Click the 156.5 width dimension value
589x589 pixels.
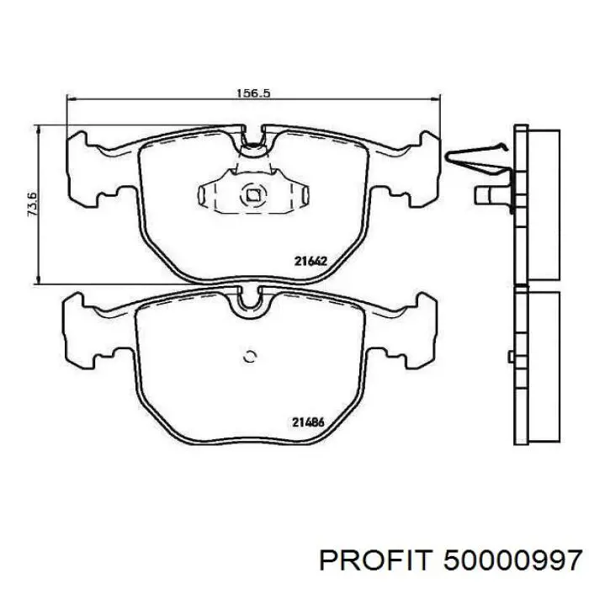point(253,93)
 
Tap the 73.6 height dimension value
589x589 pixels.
point(32,204)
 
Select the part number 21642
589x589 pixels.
point(311,261)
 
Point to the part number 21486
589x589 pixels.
point(308,422)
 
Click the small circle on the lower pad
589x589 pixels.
point(250,357)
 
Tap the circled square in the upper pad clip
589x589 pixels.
point(252,194)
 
